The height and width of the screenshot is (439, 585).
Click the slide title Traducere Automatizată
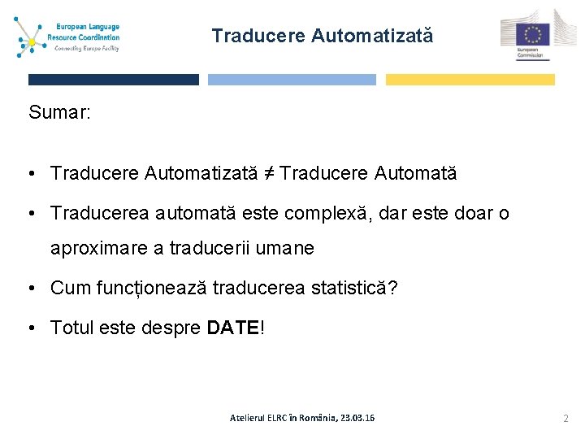tap(323, 36)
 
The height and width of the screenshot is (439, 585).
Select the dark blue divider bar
tap(113, 80)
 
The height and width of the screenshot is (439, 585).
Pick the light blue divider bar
tap(292, 80)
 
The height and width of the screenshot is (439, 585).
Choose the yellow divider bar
tap(470, 80)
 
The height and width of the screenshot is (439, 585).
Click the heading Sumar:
tap(59, 112)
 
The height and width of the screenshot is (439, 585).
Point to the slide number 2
tap(566, 417)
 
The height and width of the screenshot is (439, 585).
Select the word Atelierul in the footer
tap(251, 418)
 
